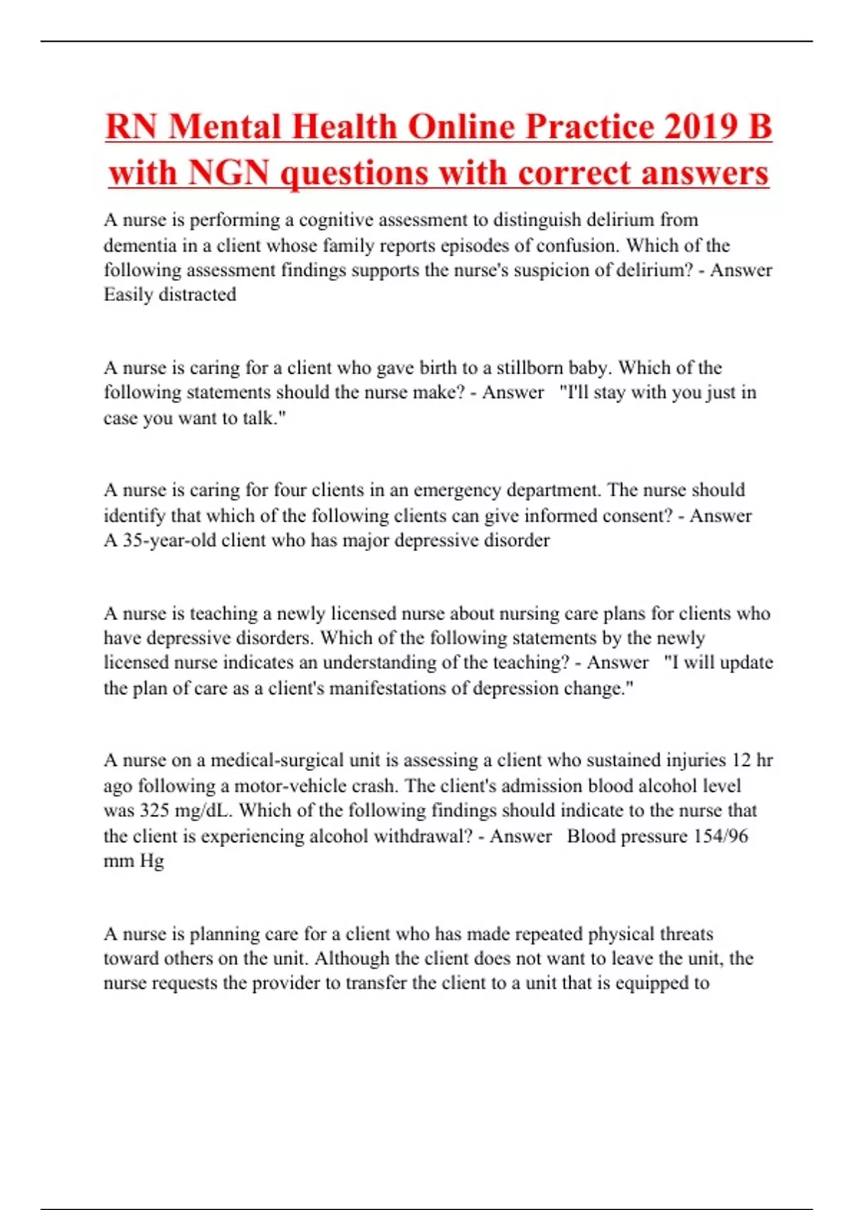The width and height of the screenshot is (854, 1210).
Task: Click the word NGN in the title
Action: pos(229,173)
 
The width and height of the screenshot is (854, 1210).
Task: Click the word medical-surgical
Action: pos(277,760)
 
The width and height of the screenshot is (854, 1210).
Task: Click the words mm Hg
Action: pos(134,861)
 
